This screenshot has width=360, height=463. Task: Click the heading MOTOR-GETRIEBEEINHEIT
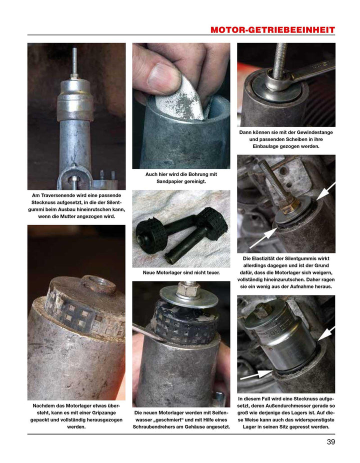point(272,30)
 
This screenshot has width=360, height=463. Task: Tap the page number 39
point(330,441)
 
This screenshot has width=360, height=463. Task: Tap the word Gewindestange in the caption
point(312,132)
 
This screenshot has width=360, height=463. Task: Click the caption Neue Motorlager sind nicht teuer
point(181,273)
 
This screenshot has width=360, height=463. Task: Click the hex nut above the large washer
point(188,289)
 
